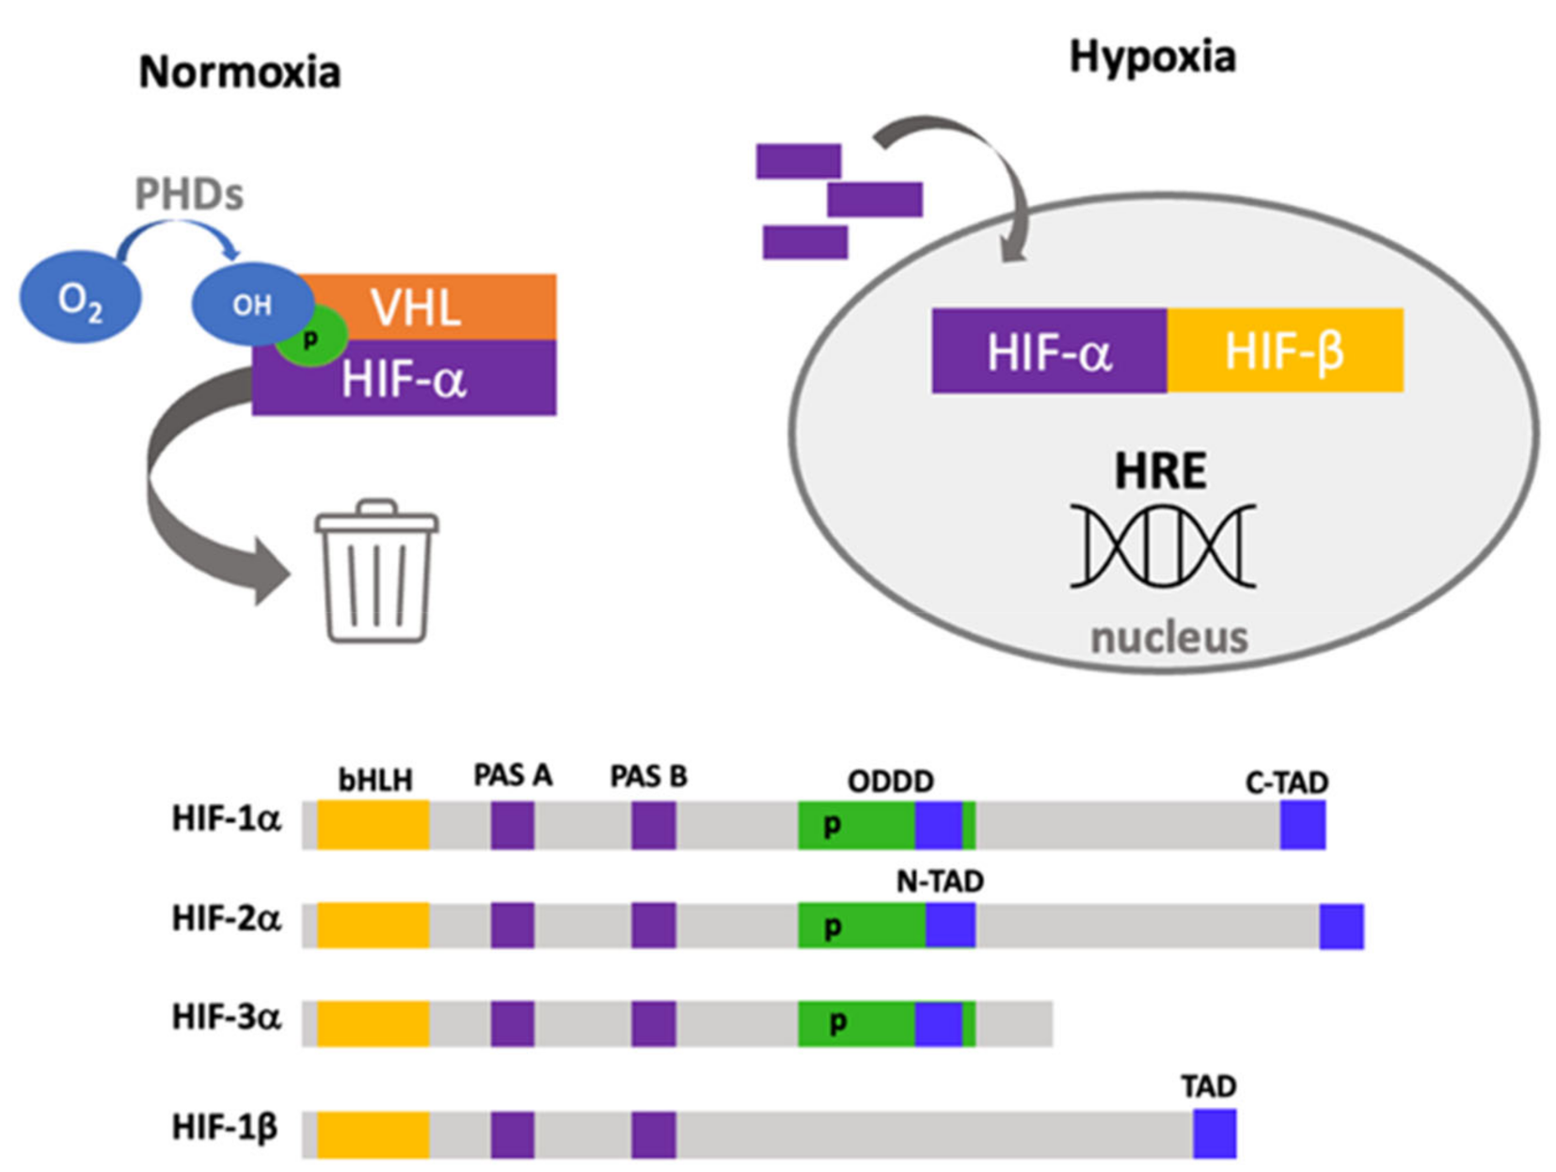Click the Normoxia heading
tap(239, 72)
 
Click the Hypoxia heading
tap(1151, 57)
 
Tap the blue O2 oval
tap(80, 298)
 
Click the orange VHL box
tap(433, 306)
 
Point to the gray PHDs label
tap(189, 195)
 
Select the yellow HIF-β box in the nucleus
tap(1285, 351)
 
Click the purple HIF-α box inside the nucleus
tap(1049, 351)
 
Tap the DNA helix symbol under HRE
tap(1162, 546)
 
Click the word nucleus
tap(1168, 638)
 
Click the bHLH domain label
tap(374, 780)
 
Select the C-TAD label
tap(1286, 782)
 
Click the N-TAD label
tap(939, 881)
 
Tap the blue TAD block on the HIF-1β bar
tap(1214, 1134)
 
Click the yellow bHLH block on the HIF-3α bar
tap(373, 1023)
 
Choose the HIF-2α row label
tap(226, 918)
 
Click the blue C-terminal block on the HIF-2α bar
tap(1341, 927)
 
